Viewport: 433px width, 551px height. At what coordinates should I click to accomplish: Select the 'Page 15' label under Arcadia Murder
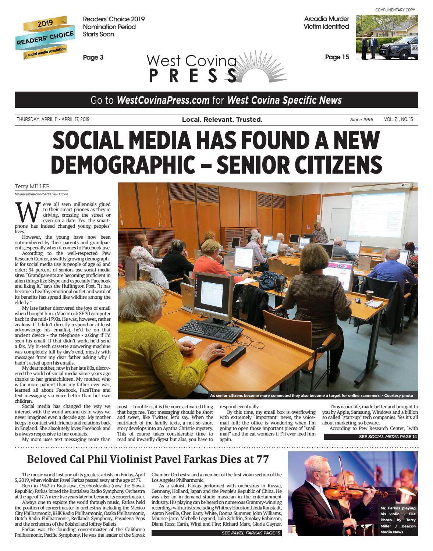[x=337, y=57]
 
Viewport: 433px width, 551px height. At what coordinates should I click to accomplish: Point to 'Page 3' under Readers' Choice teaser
[x=93, y=57]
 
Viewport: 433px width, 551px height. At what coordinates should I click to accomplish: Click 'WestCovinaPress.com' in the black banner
[x=163, y=100]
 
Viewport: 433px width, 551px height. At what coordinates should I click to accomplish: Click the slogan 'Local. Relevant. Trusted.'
[x=222, y=120]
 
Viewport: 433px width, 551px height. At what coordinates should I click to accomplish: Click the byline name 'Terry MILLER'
[x=32, y=186]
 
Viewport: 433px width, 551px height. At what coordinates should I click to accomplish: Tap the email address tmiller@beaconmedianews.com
[x=41, y=194]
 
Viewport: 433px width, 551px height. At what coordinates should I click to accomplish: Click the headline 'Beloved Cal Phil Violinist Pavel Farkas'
[x=148, y=459]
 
